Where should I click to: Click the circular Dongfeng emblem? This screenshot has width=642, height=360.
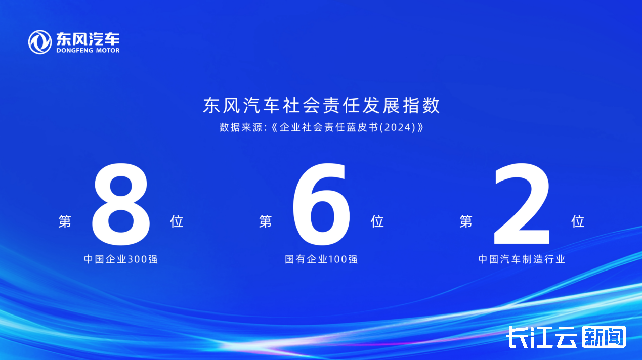pyautogui.click(x=40, y=42)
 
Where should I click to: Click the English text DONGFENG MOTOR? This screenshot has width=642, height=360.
pyautogui.click(x=88, y=51)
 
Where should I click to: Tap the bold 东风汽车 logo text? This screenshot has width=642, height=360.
pyautogui.click(x=88, y=38)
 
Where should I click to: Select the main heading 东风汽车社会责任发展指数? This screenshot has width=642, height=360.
pyautogui.click(x=321, y=105)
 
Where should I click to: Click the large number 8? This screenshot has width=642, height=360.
pyautogui.click(x=121, y=204)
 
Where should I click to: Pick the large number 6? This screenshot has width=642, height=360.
pyautogui.click(x=321, y=204)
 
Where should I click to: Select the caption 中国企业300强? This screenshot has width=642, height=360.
pyautogui.click(x=121, y=259)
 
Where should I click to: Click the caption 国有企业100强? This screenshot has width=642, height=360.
pyautogui.click(x=321, y=259)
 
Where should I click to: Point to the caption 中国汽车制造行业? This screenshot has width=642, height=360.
pyautogui.click(x=522, y=259)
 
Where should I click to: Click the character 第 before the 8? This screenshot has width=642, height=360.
pyautogui.click(x=65, y=221)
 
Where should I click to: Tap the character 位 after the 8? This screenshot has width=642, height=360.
pyautogui.click(x=177, y=221)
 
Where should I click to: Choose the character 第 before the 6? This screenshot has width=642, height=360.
pyautogui.click(x=266, y=221)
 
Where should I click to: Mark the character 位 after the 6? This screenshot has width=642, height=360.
pyautogui.click(x=377, y=221)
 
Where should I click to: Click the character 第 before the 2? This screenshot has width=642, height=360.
pyautogui.click(x=466, y=221)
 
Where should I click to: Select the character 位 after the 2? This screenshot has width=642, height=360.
pyautogui.click(x=578, y=221)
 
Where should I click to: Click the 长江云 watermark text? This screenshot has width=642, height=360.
pyautogui.click(x=542, y=337)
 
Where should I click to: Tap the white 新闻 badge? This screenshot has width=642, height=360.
pyautogui.click(x=604, y=337)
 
